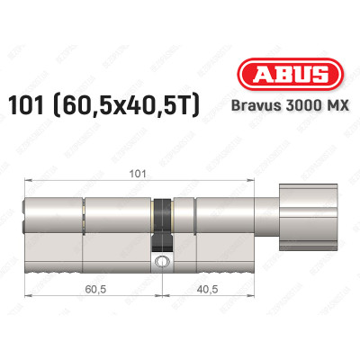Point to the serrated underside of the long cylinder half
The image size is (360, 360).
point(90,272)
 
